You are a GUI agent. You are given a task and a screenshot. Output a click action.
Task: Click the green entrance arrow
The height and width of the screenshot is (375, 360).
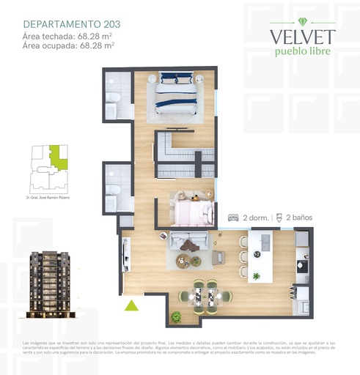tap(131, 305)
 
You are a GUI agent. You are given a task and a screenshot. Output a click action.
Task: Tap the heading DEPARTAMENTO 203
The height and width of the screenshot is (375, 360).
tap(72, 24)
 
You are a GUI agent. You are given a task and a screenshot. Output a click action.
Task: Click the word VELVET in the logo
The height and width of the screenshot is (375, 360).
tap(302, 37)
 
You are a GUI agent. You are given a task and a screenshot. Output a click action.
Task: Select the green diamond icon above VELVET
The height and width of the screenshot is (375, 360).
tap(303, 20)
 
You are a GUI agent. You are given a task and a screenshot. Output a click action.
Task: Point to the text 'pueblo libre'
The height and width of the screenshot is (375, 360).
tap(302, 51)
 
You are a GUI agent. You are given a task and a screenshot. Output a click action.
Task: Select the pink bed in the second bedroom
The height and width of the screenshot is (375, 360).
tap(191, 209)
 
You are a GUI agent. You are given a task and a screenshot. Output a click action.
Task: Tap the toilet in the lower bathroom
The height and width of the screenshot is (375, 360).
tap(113, 191)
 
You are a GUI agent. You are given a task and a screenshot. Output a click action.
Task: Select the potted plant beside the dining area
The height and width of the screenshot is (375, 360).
tap(176, 316)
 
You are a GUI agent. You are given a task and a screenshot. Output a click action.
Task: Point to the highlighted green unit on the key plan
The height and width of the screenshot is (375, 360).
tap(56, 158)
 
